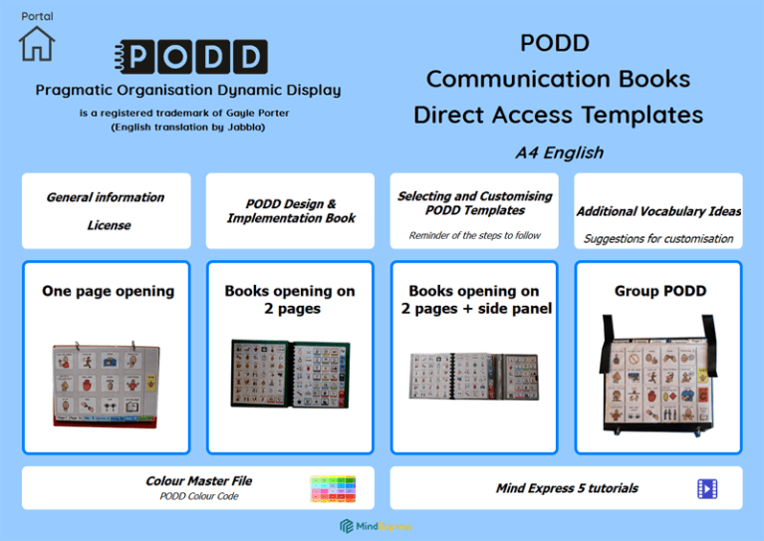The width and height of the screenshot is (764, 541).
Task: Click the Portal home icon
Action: pyautogui.click(x=37, y=43)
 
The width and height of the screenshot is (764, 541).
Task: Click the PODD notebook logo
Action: pyautogui.click(x=191, y=58)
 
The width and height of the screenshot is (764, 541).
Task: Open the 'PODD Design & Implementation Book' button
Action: pyautogui.click(x=290, y=211)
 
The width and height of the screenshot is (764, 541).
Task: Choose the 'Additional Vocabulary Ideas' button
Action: pyautogui.click(x=658, y=211)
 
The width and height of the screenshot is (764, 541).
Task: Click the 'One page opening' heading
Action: pyautogui.click(x=108, y=292)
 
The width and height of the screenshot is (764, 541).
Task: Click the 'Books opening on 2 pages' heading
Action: pyautogui.click(x=290, y=300)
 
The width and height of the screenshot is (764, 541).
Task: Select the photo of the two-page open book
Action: pyautogui.click(x=290, y=374)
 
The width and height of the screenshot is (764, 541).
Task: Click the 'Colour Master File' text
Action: pyautogui.click(x=198, y=480)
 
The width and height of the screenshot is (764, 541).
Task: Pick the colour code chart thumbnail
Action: pyautogui.click(x=332, y=488)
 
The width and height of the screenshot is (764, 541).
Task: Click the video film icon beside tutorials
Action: pyautogui.click(x=707, y=488)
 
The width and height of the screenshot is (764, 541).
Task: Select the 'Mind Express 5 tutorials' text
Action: pyautogui.click(x=567, y=488)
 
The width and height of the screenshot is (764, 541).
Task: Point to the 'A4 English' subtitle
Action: pyautogui.click(x=559, y=153)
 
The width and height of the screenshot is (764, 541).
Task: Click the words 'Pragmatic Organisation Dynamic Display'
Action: pyautogui.click(x=188, y=91)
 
